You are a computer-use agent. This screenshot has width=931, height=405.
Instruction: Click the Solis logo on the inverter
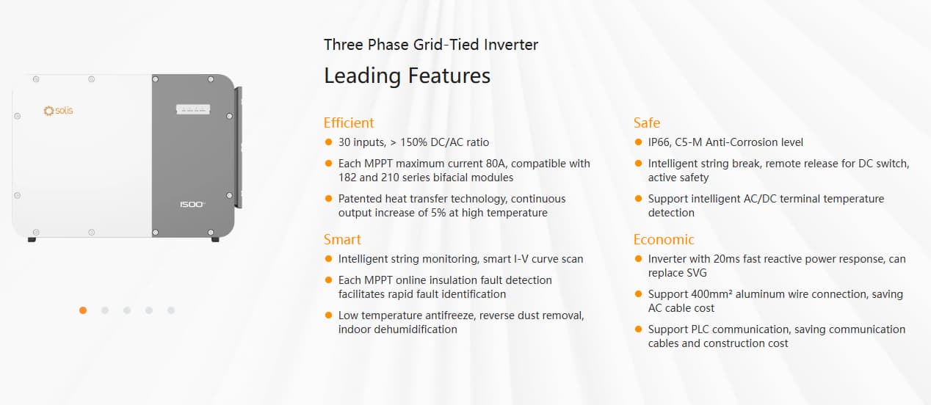pyautogui.click(x=58, y=111)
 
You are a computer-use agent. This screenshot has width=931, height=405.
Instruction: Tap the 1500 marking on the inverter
pyautogui.click(x=193, y=205)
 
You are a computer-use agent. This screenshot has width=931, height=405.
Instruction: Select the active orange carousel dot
pyautogui.click(x=83, y=310)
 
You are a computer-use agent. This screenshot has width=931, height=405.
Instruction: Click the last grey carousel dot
pyautogui.click(x=171, y=310)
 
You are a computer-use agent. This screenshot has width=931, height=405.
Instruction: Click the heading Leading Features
pyautogui.click(x=407, y=76)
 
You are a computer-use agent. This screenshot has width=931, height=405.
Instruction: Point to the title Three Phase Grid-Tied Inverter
pyautogui.click(x=431, y=45)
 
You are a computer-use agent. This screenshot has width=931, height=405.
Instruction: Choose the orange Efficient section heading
pyautogui.click(x=349, y=123)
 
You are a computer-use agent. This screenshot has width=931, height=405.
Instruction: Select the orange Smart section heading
pyautogui.click(x=342, y=239)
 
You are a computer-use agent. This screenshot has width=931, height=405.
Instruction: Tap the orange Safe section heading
pyautogui.click(x=647, y=123)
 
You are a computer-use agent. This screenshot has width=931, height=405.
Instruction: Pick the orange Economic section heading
pyautogui.click(x=664, y=239)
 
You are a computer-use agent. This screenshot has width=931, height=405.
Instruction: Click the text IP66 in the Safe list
pyautogui.click(x=660, y=142)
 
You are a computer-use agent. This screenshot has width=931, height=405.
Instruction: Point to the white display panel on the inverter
pyautogui.click(x=193, y=109)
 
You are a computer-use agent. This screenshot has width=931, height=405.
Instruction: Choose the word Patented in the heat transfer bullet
pyautogui.click(x=361, y=199)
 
